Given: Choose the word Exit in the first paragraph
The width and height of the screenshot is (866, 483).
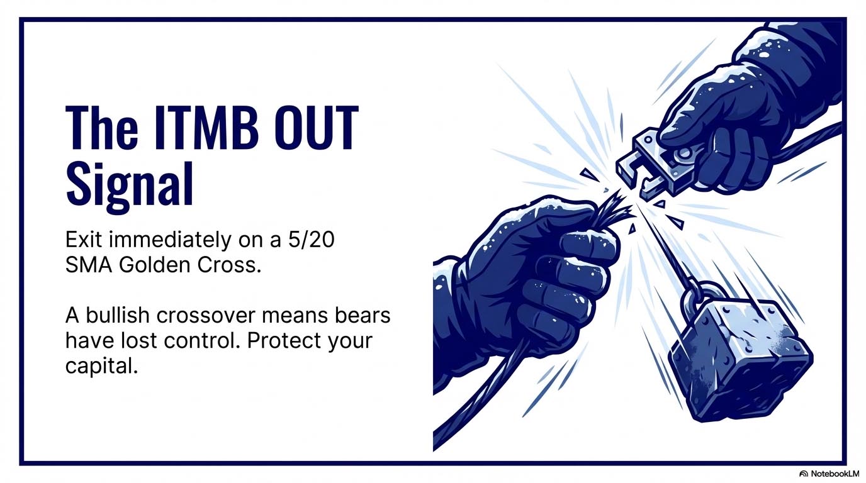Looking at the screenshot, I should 84,241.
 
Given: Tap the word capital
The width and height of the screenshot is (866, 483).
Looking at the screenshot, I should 101,367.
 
